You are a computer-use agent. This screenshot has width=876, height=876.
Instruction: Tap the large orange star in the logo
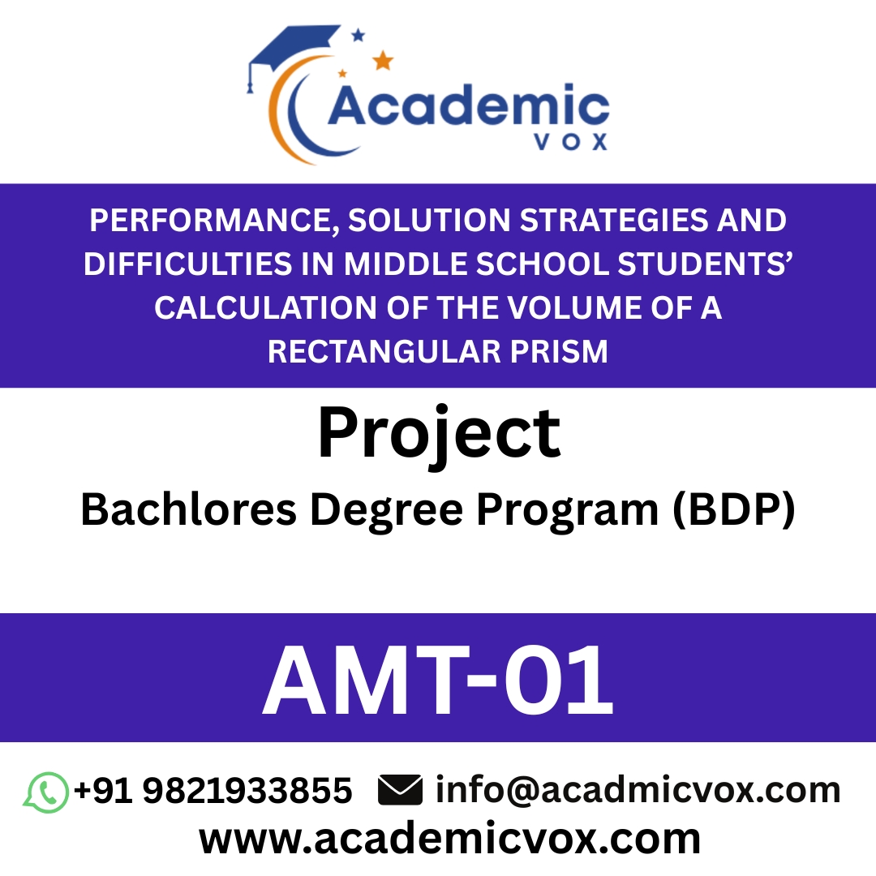[382, 60]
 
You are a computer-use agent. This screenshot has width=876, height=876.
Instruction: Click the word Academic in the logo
[468, 106]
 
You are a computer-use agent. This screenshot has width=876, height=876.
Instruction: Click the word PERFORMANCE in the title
[216, 220]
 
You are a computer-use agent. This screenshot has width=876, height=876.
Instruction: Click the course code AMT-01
[438, 680]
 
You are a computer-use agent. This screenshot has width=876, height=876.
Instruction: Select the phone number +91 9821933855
[213, 791]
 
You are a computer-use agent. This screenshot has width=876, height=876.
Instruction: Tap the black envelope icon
[400, 791]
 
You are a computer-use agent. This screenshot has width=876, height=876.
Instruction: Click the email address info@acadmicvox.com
[638, 791]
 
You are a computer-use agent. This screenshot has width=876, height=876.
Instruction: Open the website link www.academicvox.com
[449, 839]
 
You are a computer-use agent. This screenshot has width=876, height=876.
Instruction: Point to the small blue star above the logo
[358, 35]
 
